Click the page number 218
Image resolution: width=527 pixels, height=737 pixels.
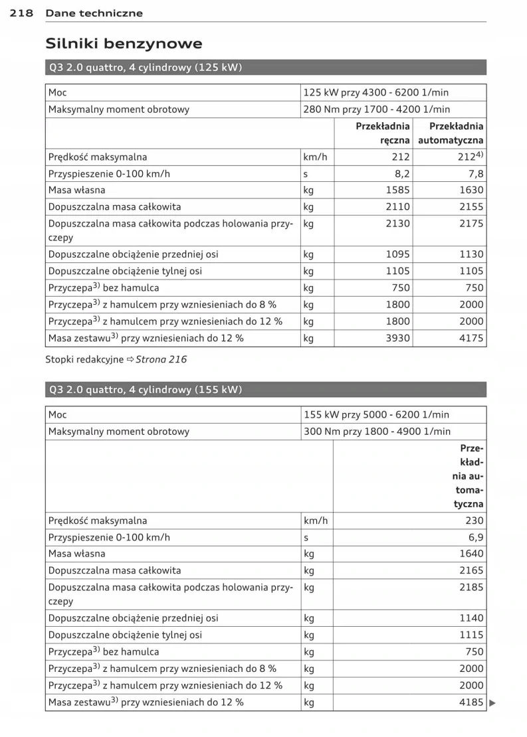pos(22,13)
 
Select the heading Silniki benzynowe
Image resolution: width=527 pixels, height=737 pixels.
pos(124,44)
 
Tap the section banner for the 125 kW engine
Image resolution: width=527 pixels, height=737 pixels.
pos(266,68)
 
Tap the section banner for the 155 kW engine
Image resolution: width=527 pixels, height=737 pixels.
pos(266,390)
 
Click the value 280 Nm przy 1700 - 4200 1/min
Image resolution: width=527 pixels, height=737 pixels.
pos(377,110)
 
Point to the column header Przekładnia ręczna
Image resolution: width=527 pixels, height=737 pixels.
pos(383,133)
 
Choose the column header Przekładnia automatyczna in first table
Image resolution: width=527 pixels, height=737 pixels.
pos(451,133)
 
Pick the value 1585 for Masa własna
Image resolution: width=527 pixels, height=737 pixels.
pos(398,191)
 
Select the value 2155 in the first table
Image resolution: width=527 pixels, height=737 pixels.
pos(471,207)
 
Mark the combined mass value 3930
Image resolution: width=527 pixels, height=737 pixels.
pos(398,338)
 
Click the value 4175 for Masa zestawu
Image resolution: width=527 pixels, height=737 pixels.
pos(471,338)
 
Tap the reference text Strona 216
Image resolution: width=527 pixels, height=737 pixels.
pos(161,359)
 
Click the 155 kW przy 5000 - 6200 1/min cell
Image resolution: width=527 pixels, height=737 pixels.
pos(376,414)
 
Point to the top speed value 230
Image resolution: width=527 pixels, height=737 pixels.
pos(474,521)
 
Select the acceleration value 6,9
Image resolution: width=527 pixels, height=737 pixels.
pos(476,537)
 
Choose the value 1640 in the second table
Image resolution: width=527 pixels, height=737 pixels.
pos(471,554)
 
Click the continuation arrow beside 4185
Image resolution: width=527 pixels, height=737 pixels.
pos(492,702)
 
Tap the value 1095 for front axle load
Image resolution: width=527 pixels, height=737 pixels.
pos(398,254)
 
